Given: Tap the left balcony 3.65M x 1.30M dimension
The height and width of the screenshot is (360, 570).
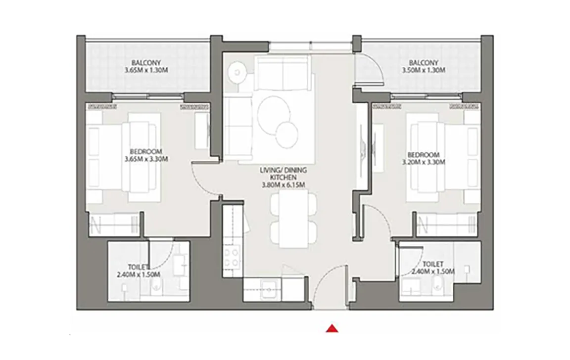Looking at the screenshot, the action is tap(146, 70).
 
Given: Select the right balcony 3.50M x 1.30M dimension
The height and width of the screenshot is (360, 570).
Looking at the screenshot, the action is tap(424, 70).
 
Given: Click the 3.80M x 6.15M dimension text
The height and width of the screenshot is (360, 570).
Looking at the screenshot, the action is tap(283, 185).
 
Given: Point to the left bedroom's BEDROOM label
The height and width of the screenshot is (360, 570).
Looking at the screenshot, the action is tap(146, 151).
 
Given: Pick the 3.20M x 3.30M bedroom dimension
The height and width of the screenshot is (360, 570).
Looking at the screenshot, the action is tap(424, 162).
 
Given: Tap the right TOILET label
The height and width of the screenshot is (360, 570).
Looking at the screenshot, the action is tap(433, 264).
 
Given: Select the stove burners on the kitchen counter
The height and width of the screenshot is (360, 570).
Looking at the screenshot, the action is tap(232, 257).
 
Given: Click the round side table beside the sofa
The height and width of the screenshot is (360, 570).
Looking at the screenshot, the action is tap(237, 72).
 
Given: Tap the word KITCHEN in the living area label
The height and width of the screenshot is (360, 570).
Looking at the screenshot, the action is tap(283, 177).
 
